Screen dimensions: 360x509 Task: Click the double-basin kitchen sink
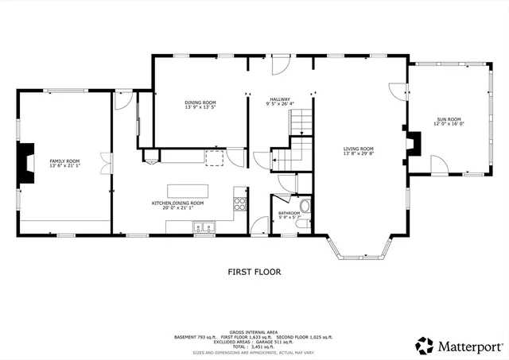point(204,229)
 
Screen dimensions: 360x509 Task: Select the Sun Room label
point(448,119)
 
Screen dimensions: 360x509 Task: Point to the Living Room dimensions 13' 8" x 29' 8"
point(359,153)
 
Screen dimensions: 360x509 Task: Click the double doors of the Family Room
point(105,164)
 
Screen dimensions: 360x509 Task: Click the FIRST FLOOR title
point(254,272)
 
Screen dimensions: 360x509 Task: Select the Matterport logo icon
point(425,345)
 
